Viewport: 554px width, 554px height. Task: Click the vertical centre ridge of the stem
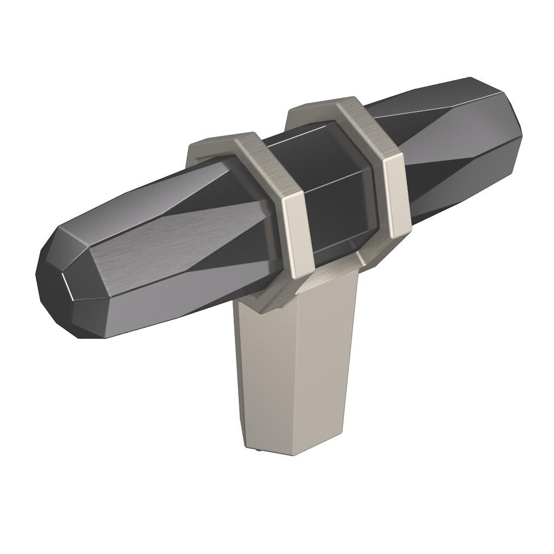tap(295, 373)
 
